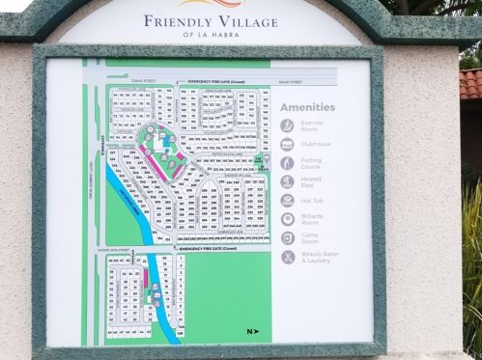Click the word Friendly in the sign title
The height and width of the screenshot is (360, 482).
click(x=176, y=21)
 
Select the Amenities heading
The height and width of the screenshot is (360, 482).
click(x=308, y=108)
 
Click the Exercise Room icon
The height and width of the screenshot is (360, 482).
click(x=288, y=125)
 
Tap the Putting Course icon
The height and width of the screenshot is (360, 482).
click(x=288, y=162)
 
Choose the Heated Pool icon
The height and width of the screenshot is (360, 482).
click(x=288, y=181)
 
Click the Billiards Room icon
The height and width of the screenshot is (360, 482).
click(x=288, y=219)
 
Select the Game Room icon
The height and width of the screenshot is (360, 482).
click(x=288, y=237)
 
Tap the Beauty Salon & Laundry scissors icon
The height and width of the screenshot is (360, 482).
click(x=288, y=257)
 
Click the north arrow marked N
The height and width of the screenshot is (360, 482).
click(x=251, y=332)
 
